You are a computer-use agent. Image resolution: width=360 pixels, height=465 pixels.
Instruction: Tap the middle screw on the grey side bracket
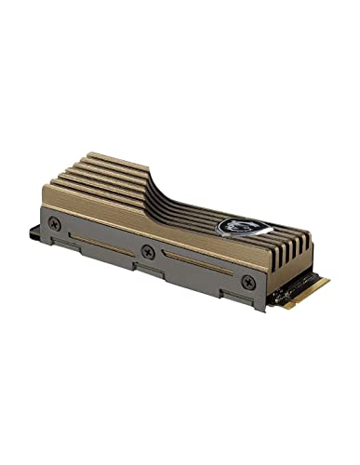(x=148, y=251)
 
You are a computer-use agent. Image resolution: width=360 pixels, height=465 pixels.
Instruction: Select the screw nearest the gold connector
(x=247, y=281)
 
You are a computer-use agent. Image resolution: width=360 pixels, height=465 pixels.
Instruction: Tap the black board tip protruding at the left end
(x=38, y=225)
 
